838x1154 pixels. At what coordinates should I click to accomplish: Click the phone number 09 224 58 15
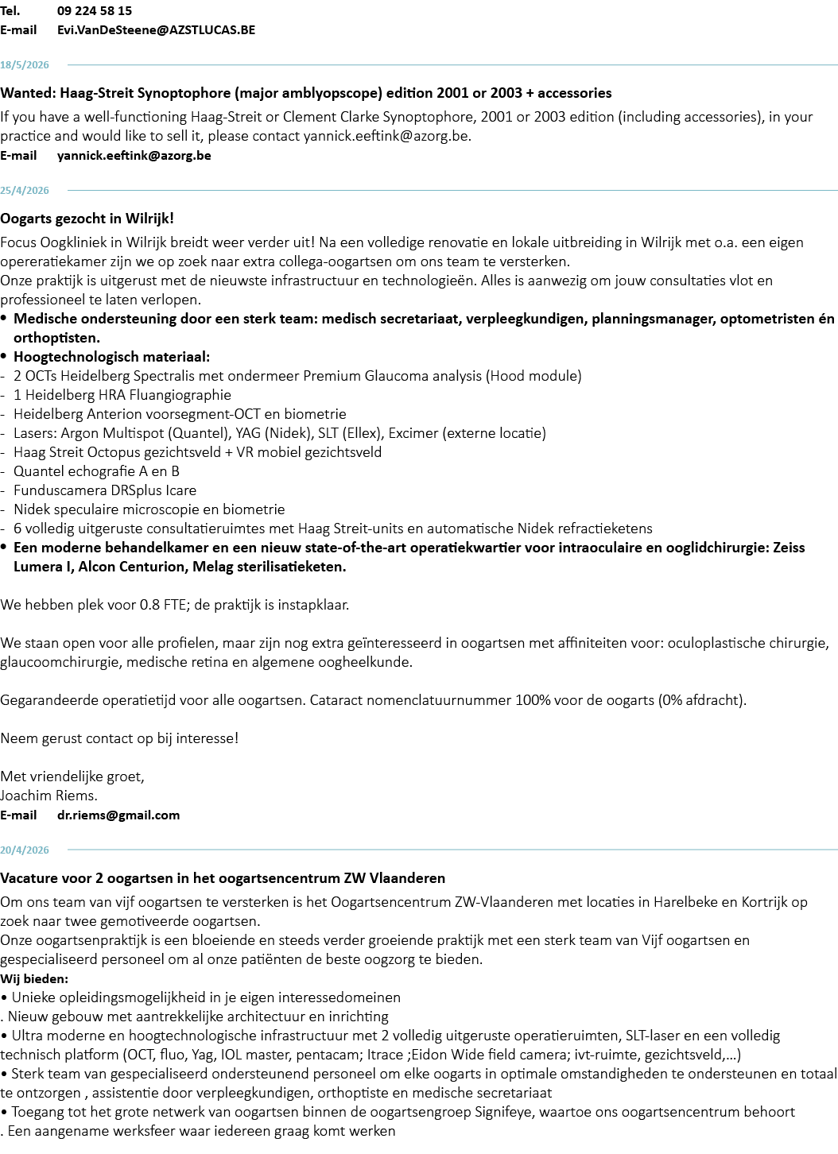click(95, 11)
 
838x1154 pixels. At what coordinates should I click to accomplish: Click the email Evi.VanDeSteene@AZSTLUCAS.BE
click(156, 30)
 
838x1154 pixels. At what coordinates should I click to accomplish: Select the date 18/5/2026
click(24, 65)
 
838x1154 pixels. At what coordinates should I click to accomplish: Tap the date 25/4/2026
click(24, 191)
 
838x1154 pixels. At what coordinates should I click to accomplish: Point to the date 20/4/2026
click(24, 850)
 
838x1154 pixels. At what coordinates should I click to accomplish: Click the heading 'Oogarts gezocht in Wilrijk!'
click(87, 219)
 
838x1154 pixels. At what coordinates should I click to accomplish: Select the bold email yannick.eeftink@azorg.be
click(134, 156)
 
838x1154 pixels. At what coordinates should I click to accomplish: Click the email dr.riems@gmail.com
click(118, 815)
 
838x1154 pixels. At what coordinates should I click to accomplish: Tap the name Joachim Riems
click(49, 796)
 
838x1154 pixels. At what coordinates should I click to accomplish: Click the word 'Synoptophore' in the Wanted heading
click(186, 93)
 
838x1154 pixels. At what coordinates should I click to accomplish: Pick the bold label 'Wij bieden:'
click(34, 979)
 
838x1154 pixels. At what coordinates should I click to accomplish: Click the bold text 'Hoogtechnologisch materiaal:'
click(112, 357)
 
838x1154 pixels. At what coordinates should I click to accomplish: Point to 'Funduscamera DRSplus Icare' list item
click(105, 490)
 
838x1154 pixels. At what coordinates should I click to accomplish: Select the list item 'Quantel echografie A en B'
click(96, 471)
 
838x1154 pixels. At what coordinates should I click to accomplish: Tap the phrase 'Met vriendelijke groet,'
click(72, 776)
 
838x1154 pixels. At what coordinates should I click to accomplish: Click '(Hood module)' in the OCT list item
click(533, 376)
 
